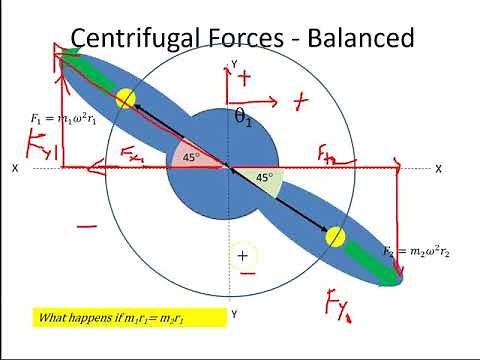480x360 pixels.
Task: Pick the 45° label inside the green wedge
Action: point(264,177)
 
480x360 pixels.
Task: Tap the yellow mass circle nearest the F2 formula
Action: point(335,237)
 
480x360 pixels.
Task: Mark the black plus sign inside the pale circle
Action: point(242,256)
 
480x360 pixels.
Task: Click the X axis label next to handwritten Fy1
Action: point(15,169)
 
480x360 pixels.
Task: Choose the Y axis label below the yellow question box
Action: point(234,314)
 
